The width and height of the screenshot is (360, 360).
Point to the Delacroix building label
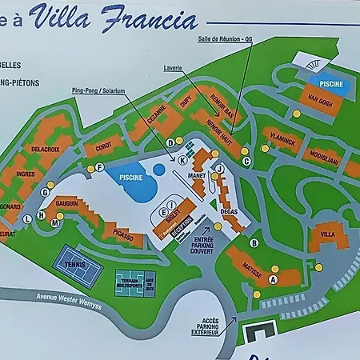[x=46, y=148]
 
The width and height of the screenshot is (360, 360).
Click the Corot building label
[x=104, y=148]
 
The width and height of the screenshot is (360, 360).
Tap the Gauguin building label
[x=67, y=204]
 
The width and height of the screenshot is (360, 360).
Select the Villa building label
[x=328, y=235]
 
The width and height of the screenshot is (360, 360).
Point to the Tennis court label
[x=74, y=262]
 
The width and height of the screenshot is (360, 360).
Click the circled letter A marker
[x=273, y=279]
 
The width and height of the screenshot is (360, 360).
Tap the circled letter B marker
[x=254, y=243]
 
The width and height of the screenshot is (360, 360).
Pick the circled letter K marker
[x=183, y=160]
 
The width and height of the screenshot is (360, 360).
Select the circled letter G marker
[x=46, y=193]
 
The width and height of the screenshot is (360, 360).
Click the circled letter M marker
[x=55, y=224]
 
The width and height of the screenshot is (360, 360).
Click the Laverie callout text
[x=174, y=67]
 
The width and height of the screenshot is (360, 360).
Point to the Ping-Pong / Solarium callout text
[x=98, y=91]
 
